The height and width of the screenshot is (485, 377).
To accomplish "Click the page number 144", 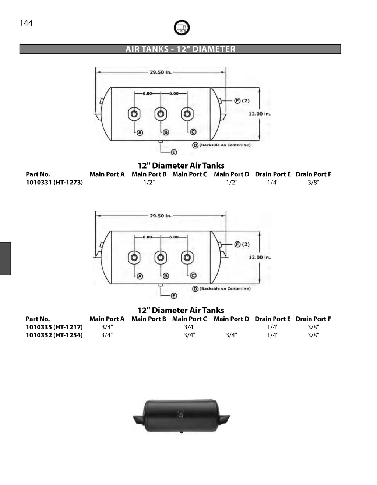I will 26,23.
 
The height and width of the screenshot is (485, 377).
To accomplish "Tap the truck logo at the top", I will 182,28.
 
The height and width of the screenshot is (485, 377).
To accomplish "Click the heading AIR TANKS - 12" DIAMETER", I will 180,49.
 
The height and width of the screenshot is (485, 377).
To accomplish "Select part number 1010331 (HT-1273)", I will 54,182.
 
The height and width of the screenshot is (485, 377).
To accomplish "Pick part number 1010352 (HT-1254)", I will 54,335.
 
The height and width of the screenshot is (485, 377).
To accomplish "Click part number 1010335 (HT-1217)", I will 54,327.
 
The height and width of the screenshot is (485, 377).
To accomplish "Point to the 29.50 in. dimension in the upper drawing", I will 161,72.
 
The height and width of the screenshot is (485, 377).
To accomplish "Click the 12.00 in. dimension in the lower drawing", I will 260,257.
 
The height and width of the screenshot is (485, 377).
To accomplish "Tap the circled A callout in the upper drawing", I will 140,132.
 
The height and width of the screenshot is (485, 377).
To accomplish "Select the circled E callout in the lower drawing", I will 174,296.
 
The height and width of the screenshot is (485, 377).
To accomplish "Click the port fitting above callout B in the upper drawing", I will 161,114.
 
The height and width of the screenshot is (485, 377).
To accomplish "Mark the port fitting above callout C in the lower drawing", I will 187,257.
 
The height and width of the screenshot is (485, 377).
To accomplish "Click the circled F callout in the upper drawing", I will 237,100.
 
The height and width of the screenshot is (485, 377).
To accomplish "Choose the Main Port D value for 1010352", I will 231,335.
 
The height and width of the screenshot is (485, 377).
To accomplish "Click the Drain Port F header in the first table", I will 313,174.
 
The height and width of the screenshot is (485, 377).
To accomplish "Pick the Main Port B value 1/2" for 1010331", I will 149,182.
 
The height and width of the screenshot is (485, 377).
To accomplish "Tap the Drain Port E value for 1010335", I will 273,327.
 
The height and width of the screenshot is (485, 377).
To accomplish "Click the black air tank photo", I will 181,416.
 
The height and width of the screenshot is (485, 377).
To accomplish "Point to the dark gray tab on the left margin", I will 5,258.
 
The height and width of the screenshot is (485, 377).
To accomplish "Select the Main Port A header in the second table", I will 107,319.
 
